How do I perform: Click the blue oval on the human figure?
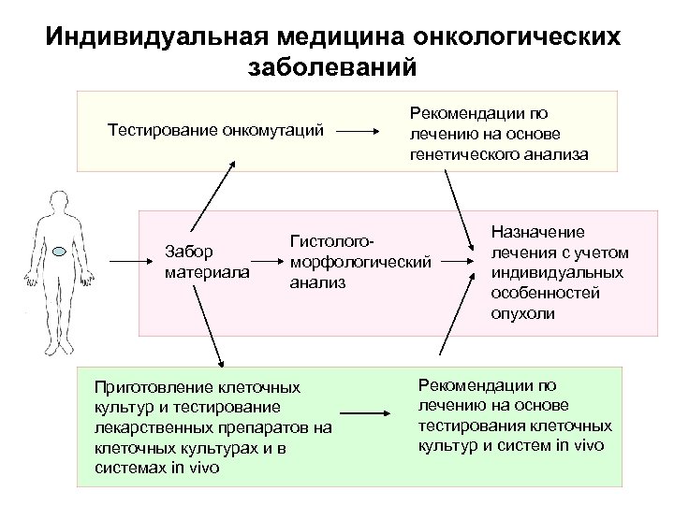59,251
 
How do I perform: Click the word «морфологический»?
359,261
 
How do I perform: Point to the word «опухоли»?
522,313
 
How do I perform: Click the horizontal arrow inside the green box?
365,412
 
